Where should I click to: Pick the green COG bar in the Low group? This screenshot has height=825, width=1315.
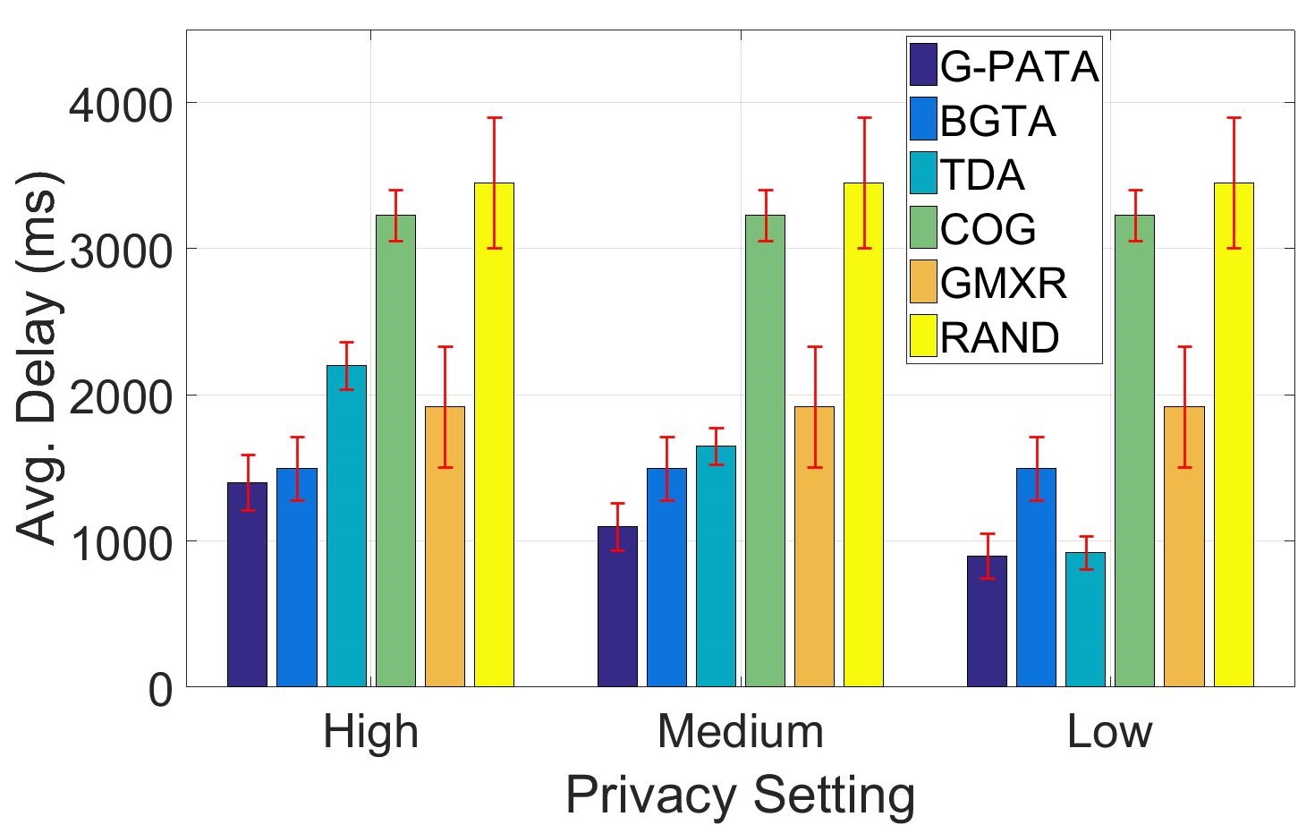[x=1134, y=451]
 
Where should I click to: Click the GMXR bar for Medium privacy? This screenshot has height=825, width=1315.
[x=814, y=546]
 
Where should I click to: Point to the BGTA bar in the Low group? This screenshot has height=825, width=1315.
[x=1036, y=577]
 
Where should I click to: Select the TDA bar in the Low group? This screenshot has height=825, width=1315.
[x=1085, y=619]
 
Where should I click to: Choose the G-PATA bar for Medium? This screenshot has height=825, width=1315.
[x=617, y=606]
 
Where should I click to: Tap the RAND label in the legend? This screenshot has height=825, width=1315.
[x=999, y=337]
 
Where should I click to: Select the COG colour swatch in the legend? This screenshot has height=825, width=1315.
[x=923, y=228]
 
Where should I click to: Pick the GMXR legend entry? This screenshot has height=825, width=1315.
[x=1003, y=283]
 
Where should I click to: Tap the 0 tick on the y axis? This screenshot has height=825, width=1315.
[x=160, y=689]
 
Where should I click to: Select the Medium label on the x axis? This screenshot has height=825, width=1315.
[x=740, y=732]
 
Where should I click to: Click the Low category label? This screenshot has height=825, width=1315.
[x=1109, y=732]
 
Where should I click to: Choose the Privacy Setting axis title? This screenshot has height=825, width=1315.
[x=740, y=794]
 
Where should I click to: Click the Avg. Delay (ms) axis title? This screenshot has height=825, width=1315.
[x=40, y=358]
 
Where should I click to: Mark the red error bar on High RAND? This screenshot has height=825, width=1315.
[x=494, y=183]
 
